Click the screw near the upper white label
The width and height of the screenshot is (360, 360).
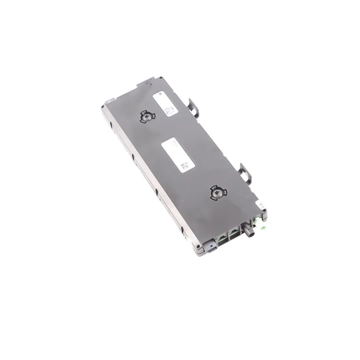coord(147,117)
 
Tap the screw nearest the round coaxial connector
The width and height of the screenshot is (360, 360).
coord(218,193)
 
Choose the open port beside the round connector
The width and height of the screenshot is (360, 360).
coord(233,233)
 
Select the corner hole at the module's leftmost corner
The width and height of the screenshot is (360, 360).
coord(103,107)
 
